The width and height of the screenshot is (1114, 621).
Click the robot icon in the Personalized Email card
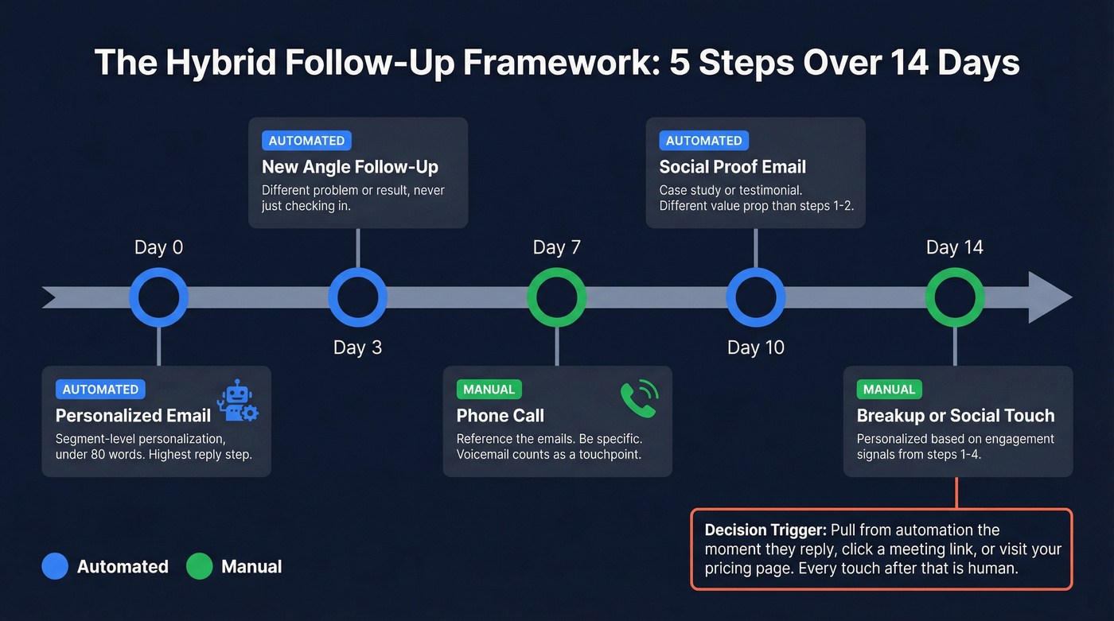(237, 401)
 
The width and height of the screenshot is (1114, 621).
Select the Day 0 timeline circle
(159, 297)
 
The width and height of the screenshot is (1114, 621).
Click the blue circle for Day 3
(358, 297)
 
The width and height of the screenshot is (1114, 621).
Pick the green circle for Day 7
(557, 297)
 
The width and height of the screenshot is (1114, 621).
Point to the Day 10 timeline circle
(755, 297)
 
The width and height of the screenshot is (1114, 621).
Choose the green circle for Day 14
(955, 297)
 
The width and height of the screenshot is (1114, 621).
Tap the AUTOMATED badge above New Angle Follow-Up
(306, 141)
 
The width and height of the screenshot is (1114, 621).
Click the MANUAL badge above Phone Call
(489, 390)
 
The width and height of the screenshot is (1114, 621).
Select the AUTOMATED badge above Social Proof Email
(703, 141)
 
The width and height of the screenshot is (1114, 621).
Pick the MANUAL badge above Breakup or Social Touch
(889, 390)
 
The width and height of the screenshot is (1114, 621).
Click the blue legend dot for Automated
(55, 566)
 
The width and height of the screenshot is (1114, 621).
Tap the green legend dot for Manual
(199, 566)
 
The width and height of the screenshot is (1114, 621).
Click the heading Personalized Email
(133, 415)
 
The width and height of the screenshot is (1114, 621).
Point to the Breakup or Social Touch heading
(955, 415)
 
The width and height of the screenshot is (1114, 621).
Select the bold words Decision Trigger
(754, 530)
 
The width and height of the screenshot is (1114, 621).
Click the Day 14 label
(955, 247)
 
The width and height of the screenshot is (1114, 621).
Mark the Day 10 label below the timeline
(755, 347)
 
